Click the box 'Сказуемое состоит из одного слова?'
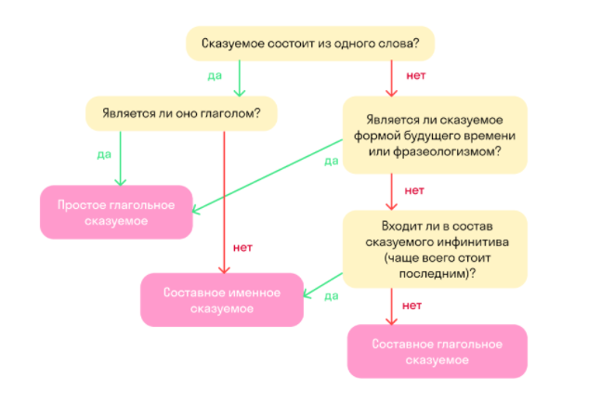tap(310, 44)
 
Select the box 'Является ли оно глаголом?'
tap(181, 113)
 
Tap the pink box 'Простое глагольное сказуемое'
tap(116, 213)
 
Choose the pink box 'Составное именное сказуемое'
tap(222, 300)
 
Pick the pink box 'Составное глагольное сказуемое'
tap(438, 351)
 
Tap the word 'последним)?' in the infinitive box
tap(438, 274)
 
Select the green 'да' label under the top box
tap(215, 76)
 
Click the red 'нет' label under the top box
tap(416, 75)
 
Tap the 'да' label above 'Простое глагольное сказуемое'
tap(104, 154)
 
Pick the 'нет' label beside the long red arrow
tap(242, 248)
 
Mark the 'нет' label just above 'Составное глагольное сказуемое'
tap(412, 306)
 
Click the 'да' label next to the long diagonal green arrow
tap(332, 161)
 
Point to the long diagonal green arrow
tap(268, 176)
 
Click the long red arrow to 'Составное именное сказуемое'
tap(224, 202)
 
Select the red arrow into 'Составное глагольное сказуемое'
tap(391, 306)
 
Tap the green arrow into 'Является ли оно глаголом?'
tap(240, 78)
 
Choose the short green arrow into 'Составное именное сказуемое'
tap(322, 285)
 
